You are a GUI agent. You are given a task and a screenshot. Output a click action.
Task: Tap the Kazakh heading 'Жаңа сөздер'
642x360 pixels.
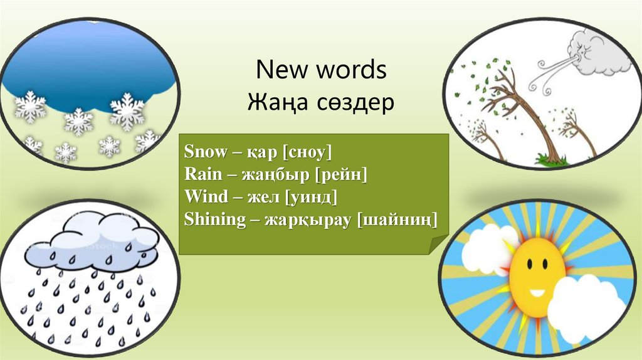click(321, 101)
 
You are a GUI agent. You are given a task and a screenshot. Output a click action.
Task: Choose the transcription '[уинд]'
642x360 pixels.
click(311, 197)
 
